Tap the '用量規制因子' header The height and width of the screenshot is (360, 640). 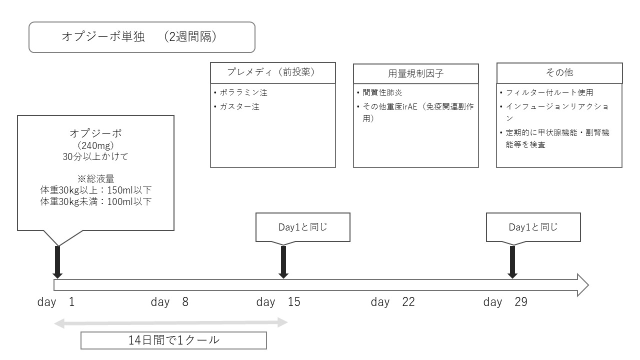tap(415, 73)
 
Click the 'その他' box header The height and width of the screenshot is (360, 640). tap(559, 73)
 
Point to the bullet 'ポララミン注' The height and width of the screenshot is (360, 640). tap(243, 92)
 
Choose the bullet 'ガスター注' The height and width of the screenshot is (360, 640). tap(239, 107)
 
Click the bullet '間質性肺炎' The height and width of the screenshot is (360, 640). tap(382, 92)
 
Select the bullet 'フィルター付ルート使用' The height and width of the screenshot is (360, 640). tap(549, 92)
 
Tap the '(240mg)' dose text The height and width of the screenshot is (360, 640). tap(95, 145)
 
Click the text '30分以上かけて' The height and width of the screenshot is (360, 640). tap(95, 156)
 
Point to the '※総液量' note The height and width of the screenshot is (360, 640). tap(95, 179)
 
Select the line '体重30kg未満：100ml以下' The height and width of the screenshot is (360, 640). tap(95, 201)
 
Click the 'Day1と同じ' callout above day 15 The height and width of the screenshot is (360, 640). tap(303, 227)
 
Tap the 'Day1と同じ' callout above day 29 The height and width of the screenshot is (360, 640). tap(533, 227)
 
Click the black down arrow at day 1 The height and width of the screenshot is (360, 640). tap(57, 262)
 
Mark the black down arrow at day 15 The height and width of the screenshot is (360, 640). tap(283, 262)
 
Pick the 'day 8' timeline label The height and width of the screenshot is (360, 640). tap(169, 302)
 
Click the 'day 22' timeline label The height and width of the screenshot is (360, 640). tap(393, 302)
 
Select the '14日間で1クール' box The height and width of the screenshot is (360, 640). tap(173, 340)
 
